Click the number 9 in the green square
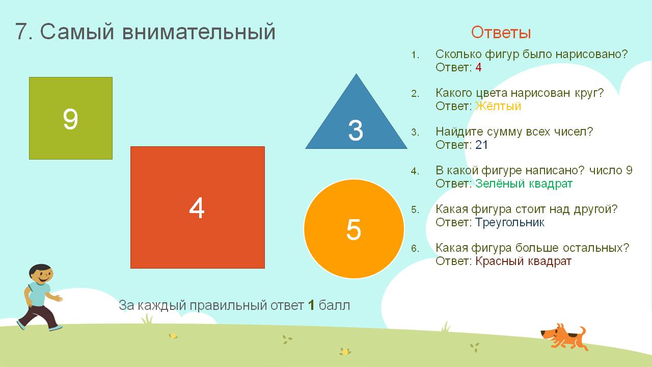coord(70,119)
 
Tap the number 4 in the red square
coord(197,207)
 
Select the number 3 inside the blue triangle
coord(356,130)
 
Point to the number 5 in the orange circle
coord(354,229)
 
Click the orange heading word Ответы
coord(501,32)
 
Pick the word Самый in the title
coord(77,32)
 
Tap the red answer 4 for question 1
coord(478,67)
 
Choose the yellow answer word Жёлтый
coord(498,106)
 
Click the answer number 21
coord(481,145)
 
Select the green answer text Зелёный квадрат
coord(524,183)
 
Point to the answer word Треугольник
coord(510,223)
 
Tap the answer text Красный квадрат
coord(523,261)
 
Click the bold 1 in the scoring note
coord(311,305)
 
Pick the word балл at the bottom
coord(335,305)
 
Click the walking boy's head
coord(41,274)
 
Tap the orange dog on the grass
coord(564,337)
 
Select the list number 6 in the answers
coord(415,248)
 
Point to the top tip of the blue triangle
coord(356,74)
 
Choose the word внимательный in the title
coord(199,32)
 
